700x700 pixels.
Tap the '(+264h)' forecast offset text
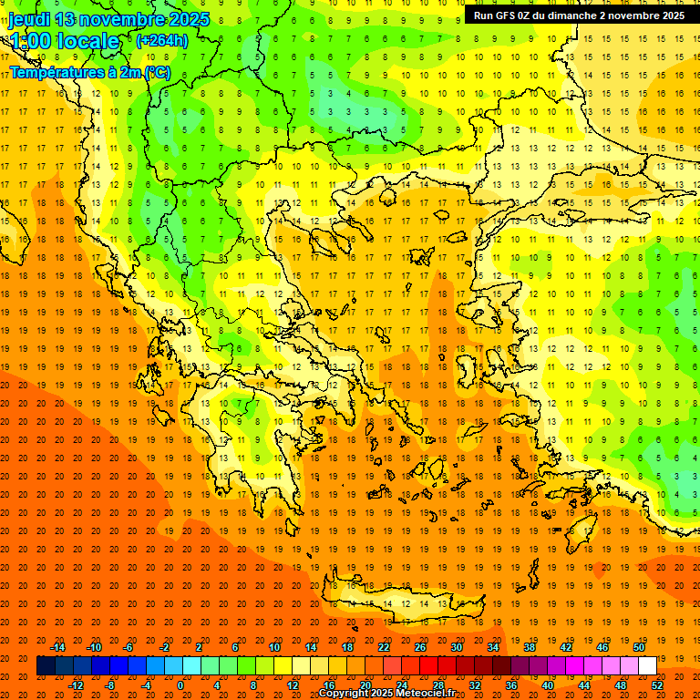(162, 40)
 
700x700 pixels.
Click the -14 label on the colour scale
(57, 647)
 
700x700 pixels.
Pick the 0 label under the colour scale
(180, 685)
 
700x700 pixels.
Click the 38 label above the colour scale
(529, 647)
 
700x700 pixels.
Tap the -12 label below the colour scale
(77, 685)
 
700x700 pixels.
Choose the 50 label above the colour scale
(638, 647)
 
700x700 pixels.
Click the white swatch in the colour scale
(647, 665)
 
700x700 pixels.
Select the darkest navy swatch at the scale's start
(46, 665)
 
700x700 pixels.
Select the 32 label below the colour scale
(474, 685)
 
